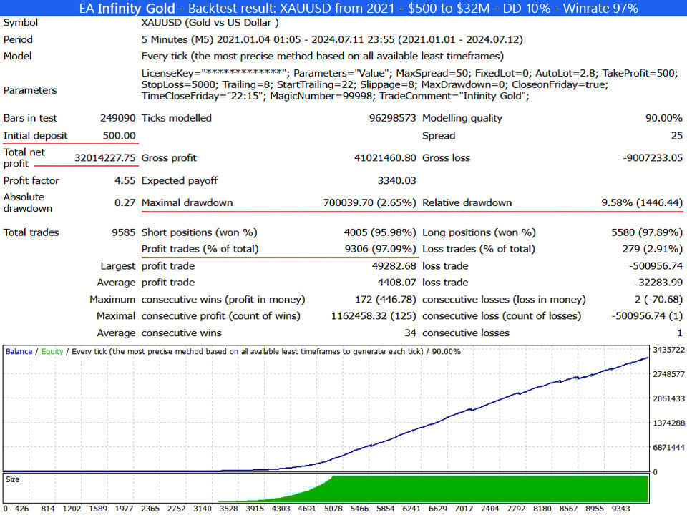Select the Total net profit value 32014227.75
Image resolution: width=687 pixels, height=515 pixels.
(x=104, y=157)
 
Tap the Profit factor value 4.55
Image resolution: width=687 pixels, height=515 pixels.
(x=125, y=180)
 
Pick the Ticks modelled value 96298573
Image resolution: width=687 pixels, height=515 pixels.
(x=386, y=118)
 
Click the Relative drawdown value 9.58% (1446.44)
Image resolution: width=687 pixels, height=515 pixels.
(x=642, y=202)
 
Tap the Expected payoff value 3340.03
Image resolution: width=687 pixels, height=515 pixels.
(x=396, y=180)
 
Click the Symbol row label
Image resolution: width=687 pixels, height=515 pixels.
(x=21, y=22)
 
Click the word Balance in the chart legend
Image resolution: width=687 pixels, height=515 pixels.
(x=19, y=351)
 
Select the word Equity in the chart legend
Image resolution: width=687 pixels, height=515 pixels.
(x=52, y=351)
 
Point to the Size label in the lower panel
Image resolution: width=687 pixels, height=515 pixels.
(x=13, y=479)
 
